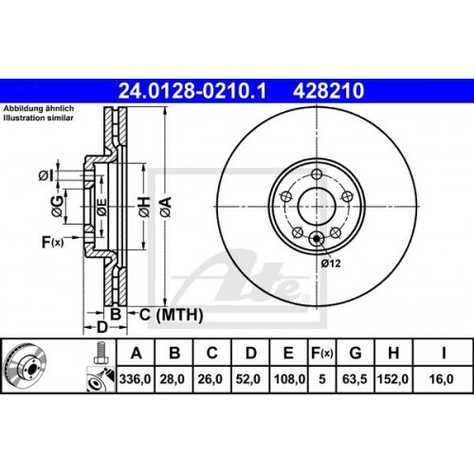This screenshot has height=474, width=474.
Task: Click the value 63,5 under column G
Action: point(354,380)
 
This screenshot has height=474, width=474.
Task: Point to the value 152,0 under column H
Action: point(392,380)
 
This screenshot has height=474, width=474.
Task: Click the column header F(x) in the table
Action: point(320,354)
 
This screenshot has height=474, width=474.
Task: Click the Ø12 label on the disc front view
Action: point(332,263)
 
